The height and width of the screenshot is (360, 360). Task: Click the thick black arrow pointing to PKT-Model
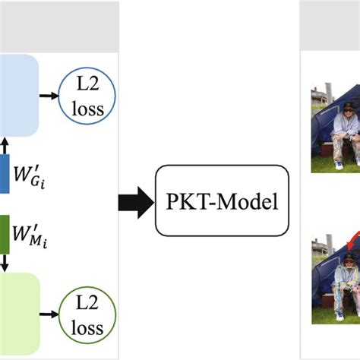[x=134, y=202]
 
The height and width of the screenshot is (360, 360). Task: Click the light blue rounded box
[x=19, y=95]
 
